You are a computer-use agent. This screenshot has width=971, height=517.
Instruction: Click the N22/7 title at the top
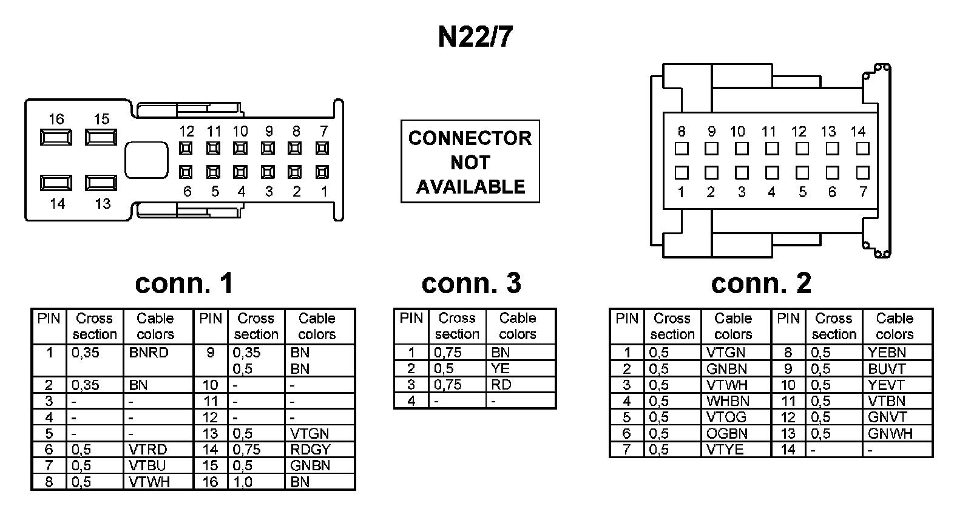pyautogui.click(x=475, y=37)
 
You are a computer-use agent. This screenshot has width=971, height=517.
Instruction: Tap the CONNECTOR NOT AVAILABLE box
pyautogui.click(x=470, y=161)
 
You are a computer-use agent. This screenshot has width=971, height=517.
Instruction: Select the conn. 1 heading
pyautogui.click(x=184, y=283)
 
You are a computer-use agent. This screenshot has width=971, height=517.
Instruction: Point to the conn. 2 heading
pyautogui.click(x=760, y=283)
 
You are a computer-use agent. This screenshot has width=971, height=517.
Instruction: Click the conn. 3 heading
pyautogui.click(x=471, y=283)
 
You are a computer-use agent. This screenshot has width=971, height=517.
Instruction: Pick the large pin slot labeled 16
pyautogui.click(x=56, y=137)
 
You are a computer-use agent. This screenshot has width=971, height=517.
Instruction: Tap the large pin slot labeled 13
pyautogui.click(x=101, y=183)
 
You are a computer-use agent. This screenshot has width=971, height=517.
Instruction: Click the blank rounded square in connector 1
pyautogui.click(x=146, y=160)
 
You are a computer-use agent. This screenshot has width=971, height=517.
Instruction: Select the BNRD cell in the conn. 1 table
pyautogui.click(x=149, y=353)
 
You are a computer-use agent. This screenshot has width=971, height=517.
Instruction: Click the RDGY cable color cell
pyautogui.click(x=310, y=450)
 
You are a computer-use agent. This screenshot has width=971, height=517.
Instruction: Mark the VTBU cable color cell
pyautogui.click(x=147, y=466)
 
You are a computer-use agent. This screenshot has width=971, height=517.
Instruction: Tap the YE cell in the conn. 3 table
pyautogui.click(x=500, y=368)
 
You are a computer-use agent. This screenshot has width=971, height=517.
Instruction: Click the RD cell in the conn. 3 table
pyautogui.click(x=501, y=385)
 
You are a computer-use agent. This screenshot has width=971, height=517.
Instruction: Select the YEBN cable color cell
pyautogui.click(x=887, y=353)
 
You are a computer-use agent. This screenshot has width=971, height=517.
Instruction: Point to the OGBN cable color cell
pyautogui.click(x=727, y=434)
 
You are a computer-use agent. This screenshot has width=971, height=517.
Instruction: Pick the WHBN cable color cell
pyautogui.click(x=728, y=401)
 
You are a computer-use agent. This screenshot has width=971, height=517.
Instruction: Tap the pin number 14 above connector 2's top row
pyautogui.click(x=858, y=131)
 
